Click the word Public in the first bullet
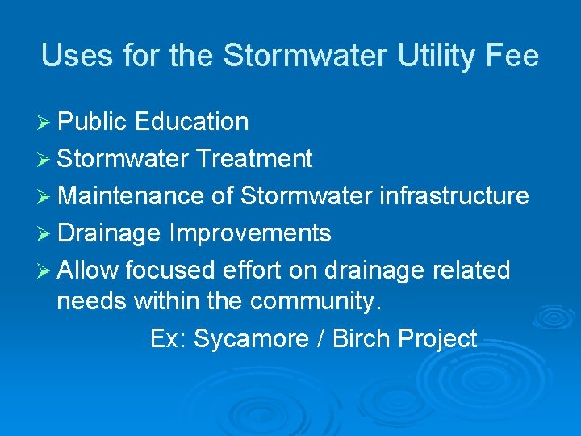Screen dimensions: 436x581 93,122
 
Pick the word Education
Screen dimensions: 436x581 192,122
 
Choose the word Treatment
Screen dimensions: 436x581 254,159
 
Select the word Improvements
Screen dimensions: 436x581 250,233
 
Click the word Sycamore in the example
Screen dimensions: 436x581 246,339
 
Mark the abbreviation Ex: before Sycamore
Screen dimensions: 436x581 168,339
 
